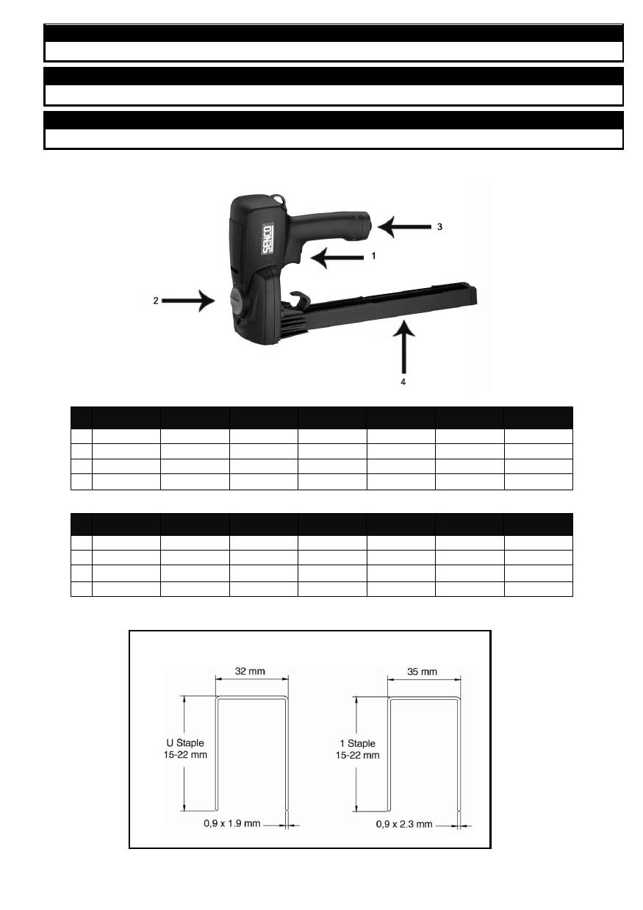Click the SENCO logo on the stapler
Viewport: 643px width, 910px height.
(x=267, y=240)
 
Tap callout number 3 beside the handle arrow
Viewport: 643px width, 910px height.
(x=439, y=226)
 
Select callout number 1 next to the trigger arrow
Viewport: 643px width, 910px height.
(x=373, y=256)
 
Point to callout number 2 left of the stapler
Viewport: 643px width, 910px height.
(x=156, y=301)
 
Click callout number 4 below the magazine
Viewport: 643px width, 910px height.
(x=403, y=382)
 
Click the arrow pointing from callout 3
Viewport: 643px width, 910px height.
(x=404, y=226)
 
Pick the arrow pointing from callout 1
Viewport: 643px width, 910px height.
(x=337, y=257)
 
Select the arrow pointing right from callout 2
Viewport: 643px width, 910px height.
(x=188, y=301)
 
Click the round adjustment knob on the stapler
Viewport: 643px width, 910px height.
(x=238, y=301)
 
